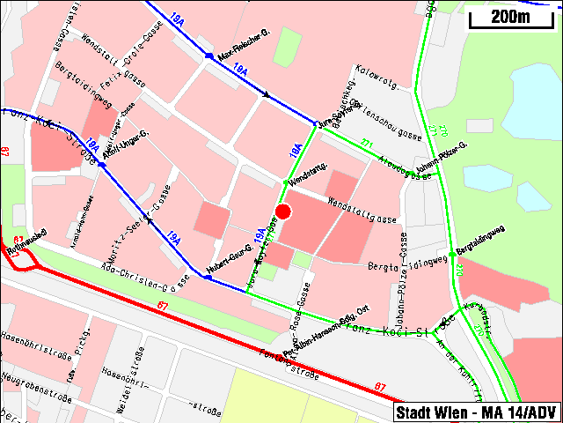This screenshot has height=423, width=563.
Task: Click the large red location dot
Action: click(283, 211)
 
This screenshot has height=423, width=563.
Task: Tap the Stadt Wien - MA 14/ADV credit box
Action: click(476, 412)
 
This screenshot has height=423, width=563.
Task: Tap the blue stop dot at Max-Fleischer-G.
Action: click(208, 56)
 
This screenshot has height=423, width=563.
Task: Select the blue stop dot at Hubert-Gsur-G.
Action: click(208, 277)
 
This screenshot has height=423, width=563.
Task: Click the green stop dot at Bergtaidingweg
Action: click(451, 254)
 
